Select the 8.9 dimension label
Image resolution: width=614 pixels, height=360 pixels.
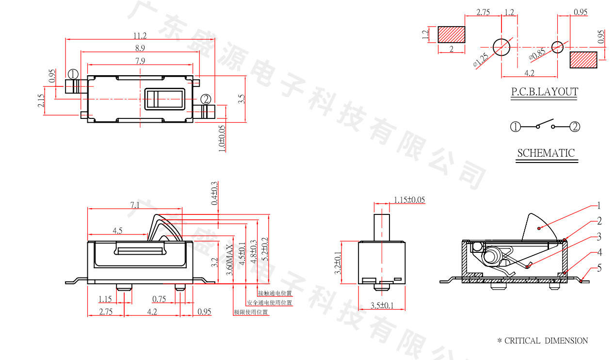tap(140, 48)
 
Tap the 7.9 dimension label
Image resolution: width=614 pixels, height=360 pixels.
tap(140, 61)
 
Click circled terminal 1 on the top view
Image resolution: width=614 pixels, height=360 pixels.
tap(73, 74)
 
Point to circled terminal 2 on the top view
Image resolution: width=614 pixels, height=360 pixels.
tap(206, 99)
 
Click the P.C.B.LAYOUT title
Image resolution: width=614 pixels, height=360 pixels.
tap(544, 92)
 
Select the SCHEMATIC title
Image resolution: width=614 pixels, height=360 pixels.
tap(546, 153)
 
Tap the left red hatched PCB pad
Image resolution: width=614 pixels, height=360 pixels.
tap(452, 34)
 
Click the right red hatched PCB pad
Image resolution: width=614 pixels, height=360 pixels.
tap(583, 60)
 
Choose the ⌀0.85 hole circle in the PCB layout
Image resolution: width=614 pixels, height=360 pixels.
tap(558, 47)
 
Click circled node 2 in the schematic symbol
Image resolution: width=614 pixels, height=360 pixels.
tap(574, 127)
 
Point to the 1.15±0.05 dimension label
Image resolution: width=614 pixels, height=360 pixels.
tap(409, 199)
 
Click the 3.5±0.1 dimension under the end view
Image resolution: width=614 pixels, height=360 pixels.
tap(382, 306)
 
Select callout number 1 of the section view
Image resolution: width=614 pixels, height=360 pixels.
tap(599, 205)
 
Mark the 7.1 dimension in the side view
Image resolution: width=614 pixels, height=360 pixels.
tap(135, 205)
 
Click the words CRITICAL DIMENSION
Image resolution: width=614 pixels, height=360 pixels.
tap(546, 341)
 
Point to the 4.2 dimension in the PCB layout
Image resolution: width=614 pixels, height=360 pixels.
tap(530, 73)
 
